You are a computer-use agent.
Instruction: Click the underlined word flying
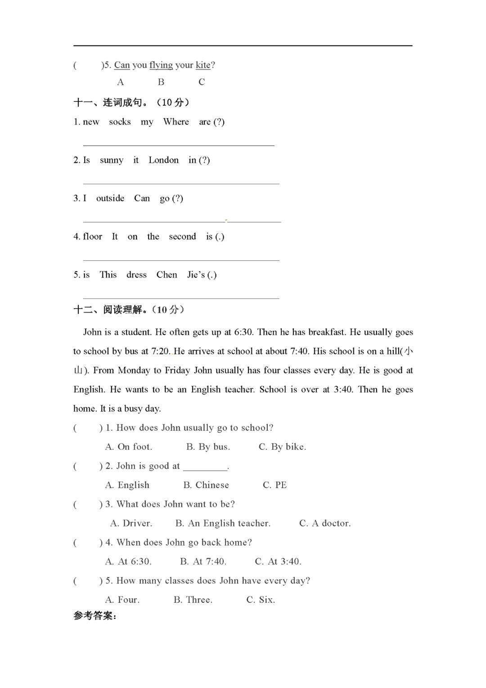[x=161, y=65]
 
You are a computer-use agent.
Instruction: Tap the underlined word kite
[x=203, y=65]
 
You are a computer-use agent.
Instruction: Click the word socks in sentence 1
[x=120, y=122]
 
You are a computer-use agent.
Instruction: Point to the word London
[x=163, y=160]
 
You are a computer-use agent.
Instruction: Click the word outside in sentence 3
[x=110, y=198]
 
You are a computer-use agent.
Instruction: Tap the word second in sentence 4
[x=182, y=237]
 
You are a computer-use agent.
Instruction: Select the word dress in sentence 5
[x=136, y=275]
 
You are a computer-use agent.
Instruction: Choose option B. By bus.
[x=208, y=447]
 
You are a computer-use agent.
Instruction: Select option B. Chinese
[x=206, y=485]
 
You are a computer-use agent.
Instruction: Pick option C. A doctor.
[x=325, y=524]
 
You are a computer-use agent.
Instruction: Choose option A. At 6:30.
[x=128, y=562]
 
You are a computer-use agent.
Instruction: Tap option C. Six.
[x=261, y=600]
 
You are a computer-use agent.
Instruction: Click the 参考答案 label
[x=95, y=616]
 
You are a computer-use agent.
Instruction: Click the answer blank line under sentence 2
[x=181, y=183]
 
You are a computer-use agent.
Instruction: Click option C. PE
[x=274, y=485]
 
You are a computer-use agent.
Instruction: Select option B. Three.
[x=193, y=600]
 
